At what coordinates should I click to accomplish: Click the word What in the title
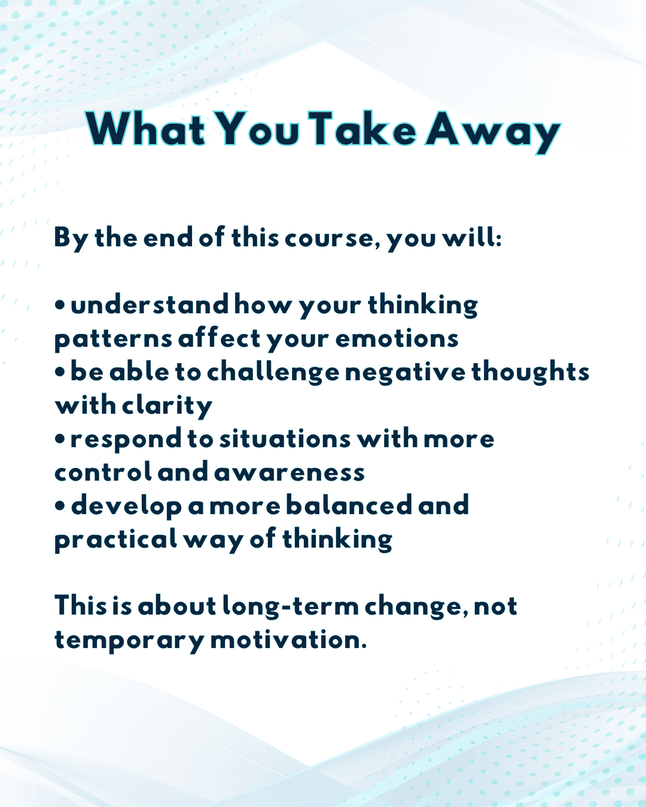(x=145, y=129)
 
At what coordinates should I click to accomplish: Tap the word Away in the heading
(x=493, y=132)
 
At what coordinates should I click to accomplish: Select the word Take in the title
(x=362, y=129)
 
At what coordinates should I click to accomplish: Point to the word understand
(x=150, y=304)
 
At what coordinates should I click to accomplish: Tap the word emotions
(x=397, y=338)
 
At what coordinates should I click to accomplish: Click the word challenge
(x=273, y=372)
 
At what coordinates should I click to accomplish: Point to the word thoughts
(x=531, y=372)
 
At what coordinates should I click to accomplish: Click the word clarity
(x=167, y=406)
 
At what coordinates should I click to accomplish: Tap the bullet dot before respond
(x=60, y=439)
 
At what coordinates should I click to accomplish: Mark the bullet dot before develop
(x=60, y=506)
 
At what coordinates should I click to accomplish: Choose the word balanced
(x=349, y=505)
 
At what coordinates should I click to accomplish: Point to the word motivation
(x=288, y=640)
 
